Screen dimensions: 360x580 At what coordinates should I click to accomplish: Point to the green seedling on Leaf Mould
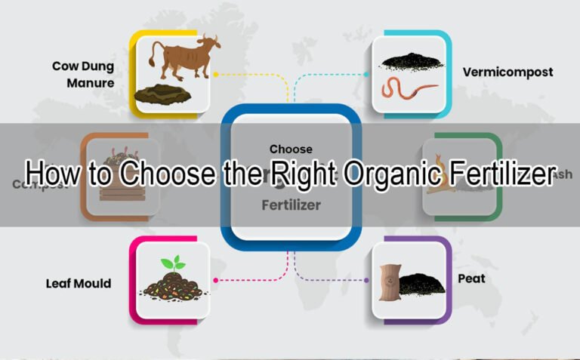click(173, 264)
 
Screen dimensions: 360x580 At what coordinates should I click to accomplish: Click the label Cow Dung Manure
click(83, 74)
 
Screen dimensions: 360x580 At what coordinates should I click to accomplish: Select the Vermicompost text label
click(507, 72)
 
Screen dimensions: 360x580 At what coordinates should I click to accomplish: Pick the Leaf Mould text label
click(78, 284)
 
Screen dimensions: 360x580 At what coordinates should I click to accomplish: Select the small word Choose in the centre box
click(290, 149)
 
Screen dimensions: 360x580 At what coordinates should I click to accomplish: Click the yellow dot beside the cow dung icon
click(215, 75)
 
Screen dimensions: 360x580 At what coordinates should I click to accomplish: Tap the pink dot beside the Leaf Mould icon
click(215, 280)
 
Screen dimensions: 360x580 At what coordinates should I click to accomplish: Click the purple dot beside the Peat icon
click(366, 280)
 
